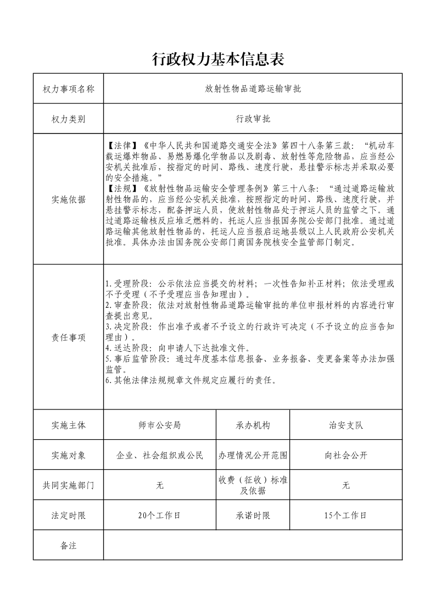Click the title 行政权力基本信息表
pos(217,59)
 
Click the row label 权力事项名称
pos(68,88)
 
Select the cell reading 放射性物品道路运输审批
pos(253,88)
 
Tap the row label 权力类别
pos(68,118)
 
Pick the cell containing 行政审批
pos(253,118)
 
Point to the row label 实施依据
pos(68,200)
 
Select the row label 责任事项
pos(68,337)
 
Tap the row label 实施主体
pos(68,425)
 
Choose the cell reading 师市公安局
pos(160,425)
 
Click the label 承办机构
pos(253,425)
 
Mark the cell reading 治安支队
pos(346,425)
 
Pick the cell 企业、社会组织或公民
pos(160,455)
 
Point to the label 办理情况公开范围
pos(253,455)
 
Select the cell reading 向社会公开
pos(346,455)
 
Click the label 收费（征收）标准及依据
pos(253,485)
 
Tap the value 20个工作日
pos(160,516)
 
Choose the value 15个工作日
pos(346,516)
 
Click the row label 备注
pos(68,545)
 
